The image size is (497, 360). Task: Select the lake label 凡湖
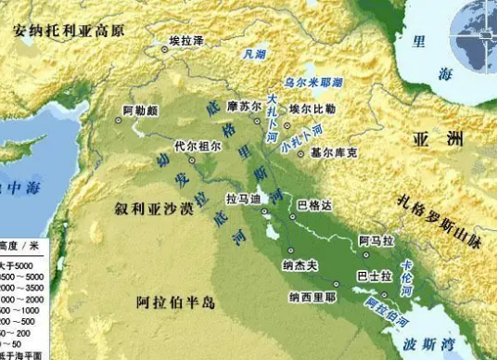click(253, 55)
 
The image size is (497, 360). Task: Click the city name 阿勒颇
click(140, 109)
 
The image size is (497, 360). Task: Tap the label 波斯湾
click(428, 344)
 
